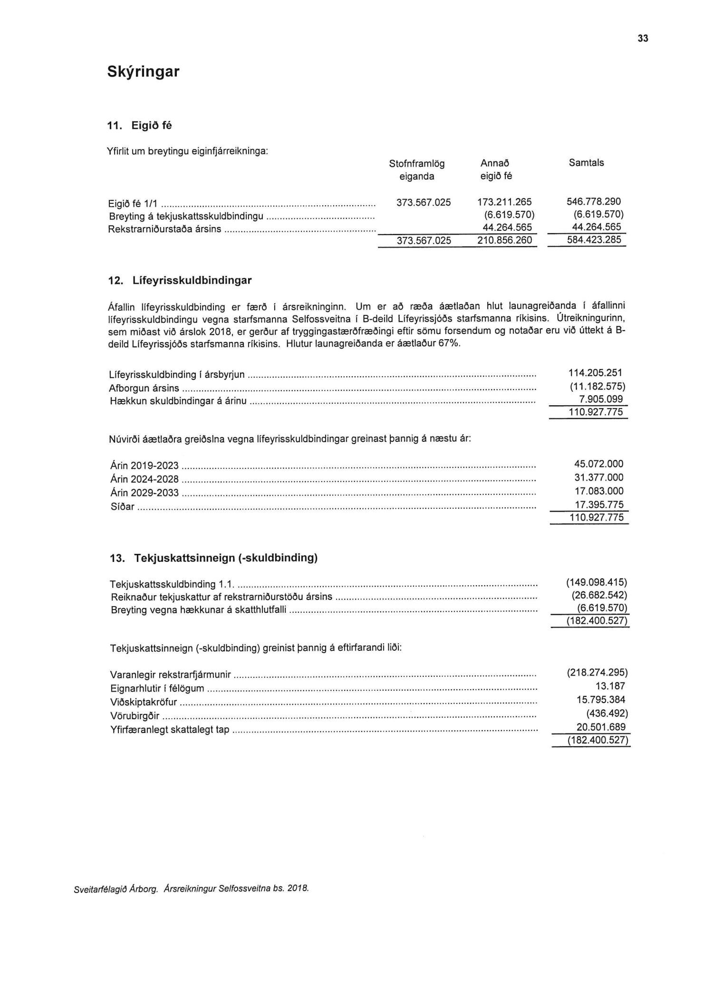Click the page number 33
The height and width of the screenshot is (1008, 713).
(x=643, y=39)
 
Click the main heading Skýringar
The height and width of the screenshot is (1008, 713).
(x=143, y=72)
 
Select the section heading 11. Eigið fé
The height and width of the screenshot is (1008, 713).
(x=140, y=126)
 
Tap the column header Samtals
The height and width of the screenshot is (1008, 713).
(x=586, y=163)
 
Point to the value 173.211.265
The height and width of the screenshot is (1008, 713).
(x=504, y=202)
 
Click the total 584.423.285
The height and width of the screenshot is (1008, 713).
(x=594, y=240)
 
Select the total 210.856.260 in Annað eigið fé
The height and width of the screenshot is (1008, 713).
(x=504, y=240)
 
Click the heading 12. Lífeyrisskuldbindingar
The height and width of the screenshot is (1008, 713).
(x=180, y=280)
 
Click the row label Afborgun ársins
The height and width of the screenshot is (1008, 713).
(x=144, y=388)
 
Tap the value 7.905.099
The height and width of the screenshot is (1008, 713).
(x=601, y=399)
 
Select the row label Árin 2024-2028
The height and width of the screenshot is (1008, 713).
(x=144, y=479)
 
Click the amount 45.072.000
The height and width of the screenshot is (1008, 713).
(x=598, y=464)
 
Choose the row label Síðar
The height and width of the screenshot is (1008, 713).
(x=122, y=507)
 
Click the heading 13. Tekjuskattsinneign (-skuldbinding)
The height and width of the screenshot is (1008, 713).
(x=213, y=558)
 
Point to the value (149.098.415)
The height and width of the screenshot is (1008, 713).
(x=597, y=582)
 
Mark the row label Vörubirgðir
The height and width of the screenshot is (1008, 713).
(x=135, y=716)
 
